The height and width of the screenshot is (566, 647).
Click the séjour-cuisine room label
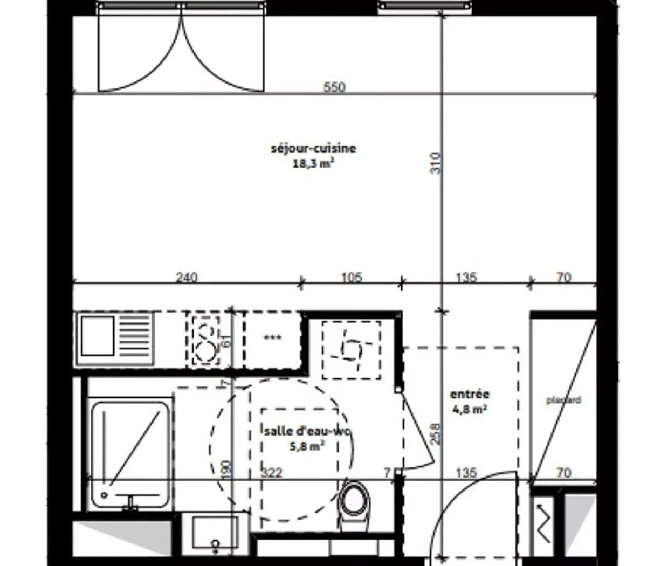(x=313, y=148)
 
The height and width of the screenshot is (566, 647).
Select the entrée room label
(x=469, y=394)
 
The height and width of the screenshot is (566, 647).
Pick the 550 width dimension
(x=334, y=87)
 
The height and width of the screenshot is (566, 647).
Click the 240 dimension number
(x=187, y=278)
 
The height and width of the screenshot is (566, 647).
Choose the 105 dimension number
(x=352, y=278)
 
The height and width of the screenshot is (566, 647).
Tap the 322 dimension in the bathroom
(x=272, y=473)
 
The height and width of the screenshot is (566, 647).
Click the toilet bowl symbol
(x=354, y=499)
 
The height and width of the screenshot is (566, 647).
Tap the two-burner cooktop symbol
(x=205, y=340)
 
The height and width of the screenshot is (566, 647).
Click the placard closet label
(x=563, y=401)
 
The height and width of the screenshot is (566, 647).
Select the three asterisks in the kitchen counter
(x=272, y=339)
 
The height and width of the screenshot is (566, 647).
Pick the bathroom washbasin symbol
(x=215, y=534)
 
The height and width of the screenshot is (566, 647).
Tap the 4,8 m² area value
(x=469, y=409)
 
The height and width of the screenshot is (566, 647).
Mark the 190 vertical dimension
(x=226, y=468)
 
